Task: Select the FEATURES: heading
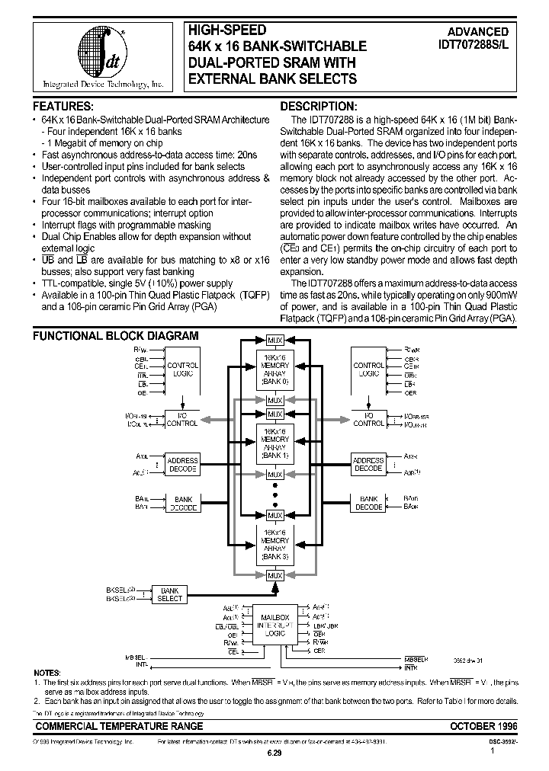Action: tap(64, 106)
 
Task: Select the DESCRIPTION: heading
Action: tap(318, 106)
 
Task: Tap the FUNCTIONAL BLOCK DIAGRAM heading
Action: tap(115, 335)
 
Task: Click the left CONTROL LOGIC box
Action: tap(182, 370)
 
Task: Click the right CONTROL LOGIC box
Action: tap(368, 370)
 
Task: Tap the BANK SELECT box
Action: tap(169, 594)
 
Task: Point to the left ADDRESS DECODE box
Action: tap(182, 464)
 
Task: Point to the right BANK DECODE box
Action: tap(368, 502)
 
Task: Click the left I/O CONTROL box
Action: tap(182, 417)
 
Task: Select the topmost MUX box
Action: tap(274, 340)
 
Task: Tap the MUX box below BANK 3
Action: tap(274, 575)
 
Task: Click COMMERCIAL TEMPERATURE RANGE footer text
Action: tap(119, 726)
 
